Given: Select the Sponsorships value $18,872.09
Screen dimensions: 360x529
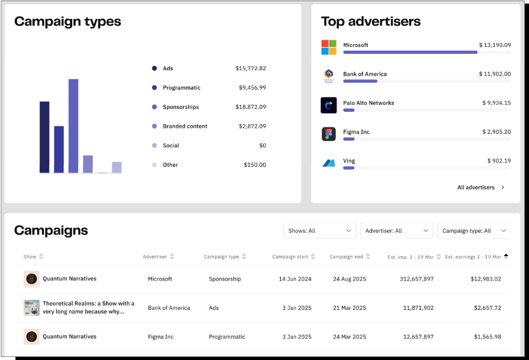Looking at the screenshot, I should click(x=250, y=107).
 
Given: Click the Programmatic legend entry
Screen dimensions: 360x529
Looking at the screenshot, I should click(x=181, y=87).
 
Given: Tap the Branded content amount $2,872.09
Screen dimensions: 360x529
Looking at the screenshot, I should click(x=252, y=126).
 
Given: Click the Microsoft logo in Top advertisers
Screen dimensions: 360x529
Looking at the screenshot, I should click(x=329, y=47).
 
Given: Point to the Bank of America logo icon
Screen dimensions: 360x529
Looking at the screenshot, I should click(x=329, y=76).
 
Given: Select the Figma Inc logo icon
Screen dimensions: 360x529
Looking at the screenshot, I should click(x=329, y=134).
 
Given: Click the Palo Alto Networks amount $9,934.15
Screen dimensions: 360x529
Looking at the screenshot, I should click(x=496, y=103).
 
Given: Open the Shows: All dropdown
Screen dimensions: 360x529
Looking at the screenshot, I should click(x=319, y=230).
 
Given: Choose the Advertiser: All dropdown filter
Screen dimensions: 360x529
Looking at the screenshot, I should click(x=396, y=230).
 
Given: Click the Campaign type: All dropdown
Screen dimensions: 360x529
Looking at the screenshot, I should click(x=473, y=230).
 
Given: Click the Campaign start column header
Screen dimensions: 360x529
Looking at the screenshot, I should click(x=291, y=257).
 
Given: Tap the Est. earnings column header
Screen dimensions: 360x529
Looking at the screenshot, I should click(x=473, y=257).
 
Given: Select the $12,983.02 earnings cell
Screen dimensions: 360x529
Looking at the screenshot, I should click(x=485, y=279).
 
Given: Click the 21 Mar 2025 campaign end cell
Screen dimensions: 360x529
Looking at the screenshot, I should click(x=349, y=308).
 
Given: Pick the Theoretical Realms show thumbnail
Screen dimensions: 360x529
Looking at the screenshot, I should click(x=32, y=308).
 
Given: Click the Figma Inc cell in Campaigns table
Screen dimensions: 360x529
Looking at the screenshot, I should click(x=161, y=337).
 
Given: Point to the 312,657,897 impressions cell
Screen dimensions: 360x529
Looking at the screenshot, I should click(x=411, y=279).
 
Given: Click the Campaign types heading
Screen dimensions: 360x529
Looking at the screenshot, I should click(x=67, y=22).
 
